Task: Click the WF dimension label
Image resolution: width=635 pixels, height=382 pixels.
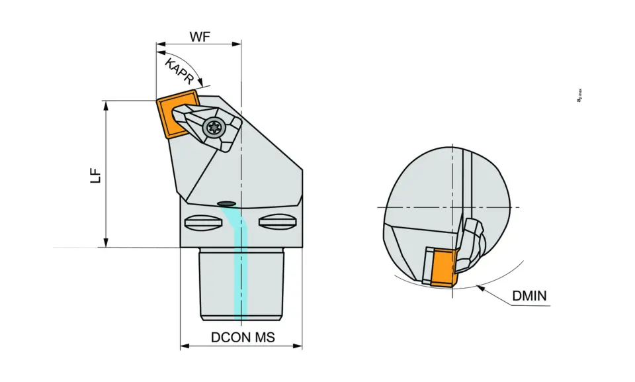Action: tap(200, 36)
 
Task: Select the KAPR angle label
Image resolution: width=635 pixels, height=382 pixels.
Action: tap(180, 70)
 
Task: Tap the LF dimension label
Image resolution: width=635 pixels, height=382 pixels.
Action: tap(97, 175)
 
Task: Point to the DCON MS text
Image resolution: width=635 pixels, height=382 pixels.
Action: tap(243, 337)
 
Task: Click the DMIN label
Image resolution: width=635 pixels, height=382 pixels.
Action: tap(530, 296)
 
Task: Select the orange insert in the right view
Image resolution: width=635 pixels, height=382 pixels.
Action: tap(440, 267)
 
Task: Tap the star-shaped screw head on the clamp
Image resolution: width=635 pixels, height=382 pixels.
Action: tap(212, 126)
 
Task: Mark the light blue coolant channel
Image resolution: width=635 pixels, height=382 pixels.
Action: tap(241, 265)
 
